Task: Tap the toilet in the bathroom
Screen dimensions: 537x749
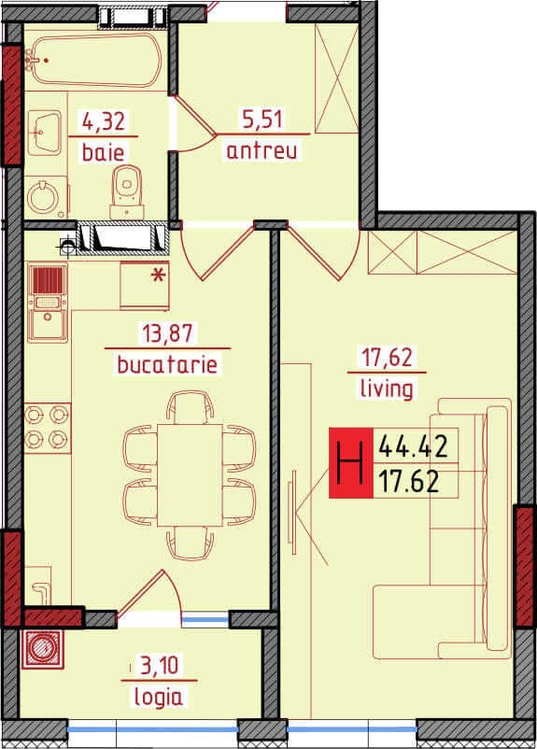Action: (127, 192)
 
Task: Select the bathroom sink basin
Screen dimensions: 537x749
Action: (45, 133)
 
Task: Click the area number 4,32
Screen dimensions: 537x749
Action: (104, 121)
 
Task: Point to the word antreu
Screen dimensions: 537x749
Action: (261, 150)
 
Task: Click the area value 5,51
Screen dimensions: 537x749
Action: (262, 119)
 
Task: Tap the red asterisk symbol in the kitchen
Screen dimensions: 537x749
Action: (158, 276)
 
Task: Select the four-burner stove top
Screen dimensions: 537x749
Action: (48, 428)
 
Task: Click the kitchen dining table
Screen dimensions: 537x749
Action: (190, 474)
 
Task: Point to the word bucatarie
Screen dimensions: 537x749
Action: (167, 365)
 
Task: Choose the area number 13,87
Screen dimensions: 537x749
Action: (167, 333)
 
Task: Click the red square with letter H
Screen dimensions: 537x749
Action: (350, 463)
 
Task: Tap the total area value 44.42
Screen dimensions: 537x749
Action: (414, 447)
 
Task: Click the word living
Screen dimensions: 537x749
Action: (387, 388)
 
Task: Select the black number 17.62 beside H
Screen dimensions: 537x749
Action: (409, 482)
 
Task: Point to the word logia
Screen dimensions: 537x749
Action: (158, 697)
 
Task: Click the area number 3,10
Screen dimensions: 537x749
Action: (160, 665)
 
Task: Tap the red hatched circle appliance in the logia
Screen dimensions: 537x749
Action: (42, 650)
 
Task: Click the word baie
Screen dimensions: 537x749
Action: (103, 152)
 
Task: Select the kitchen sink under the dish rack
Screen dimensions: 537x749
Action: (48, 325)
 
